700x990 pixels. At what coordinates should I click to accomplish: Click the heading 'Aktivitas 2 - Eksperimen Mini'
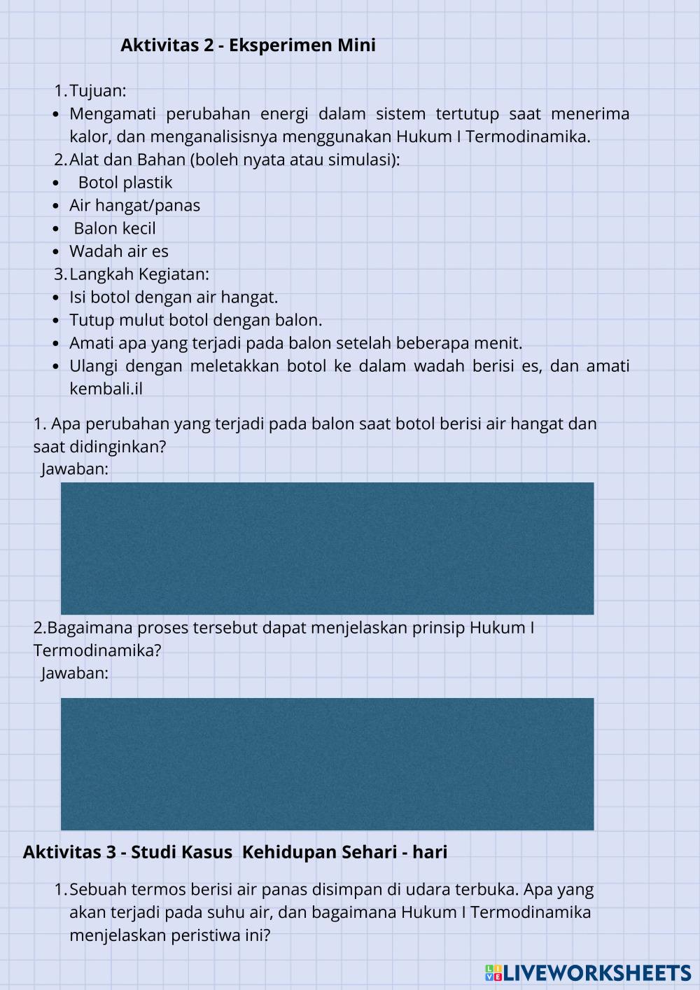248,46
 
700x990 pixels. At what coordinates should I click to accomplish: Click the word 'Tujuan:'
97,91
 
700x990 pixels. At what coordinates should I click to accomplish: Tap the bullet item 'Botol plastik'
125,183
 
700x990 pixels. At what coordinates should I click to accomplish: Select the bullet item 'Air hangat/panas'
134,206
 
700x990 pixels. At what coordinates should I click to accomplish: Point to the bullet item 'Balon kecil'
115,229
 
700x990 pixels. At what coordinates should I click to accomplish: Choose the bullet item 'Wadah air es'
119,251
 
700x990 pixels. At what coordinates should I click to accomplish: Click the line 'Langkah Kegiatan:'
139,274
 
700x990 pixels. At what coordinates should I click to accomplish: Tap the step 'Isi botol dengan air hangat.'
174,298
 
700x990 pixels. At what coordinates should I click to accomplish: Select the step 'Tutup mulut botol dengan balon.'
196,321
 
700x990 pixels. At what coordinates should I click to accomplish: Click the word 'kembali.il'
106,389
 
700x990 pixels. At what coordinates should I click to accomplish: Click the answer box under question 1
327,548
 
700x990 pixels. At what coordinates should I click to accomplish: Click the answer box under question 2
327,764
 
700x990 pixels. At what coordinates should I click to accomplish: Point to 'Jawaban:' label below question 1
75,469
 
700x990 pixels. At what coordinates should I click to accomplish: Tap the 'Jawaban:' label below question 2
75,674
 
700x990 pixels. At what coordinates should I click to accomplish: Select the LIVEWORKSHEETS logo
588,972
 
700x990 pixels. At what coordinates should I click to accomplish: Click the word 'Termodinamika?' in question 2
97,650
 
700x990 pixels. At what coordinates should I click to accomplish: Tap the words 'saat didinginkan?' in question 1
99,447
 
